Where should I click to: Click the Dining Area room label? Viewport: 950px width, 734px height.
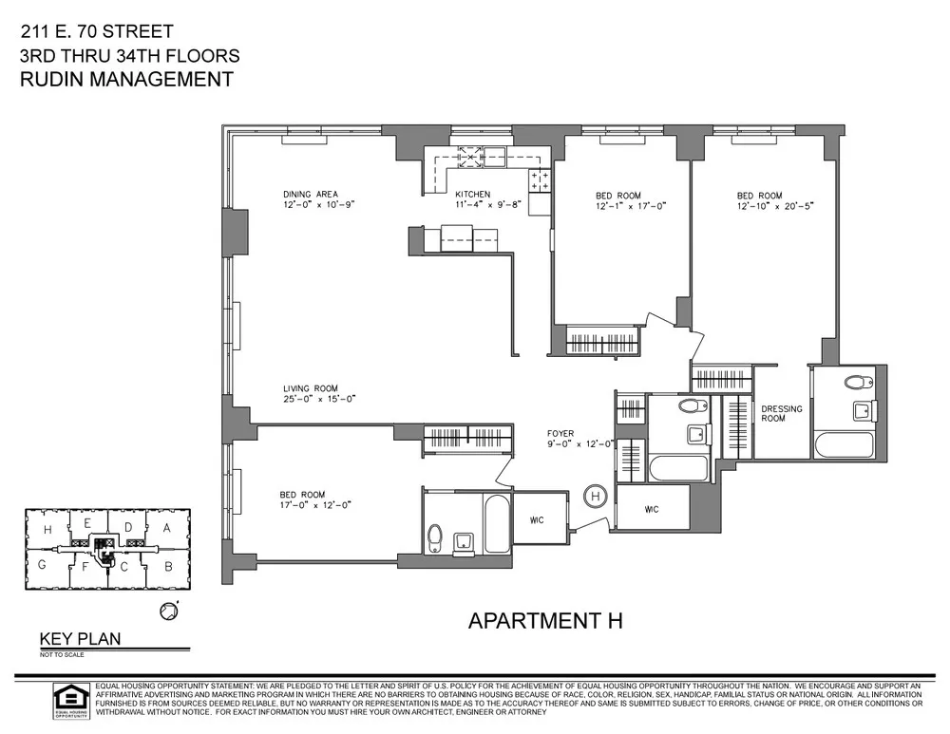[x=311, y=194]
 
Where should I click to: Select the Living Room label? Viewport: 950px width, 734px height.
[x=310, y=388]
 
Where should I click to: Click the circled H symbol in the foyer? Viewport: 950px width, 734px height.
[x=596, y=495]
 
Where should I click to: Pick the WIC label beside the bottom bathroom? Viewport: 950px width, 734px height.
[x=538, y=518]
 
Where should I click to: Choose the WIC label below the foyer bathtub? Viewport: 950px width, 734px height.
[x=651, y=509]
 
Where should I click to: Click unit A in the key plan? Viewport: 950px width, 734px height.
[x=166, y=527]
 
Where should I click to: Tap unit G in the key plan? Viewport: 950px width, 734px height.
[x=43, y=564]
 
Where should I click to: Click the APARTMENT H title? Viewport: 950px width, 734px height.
[x=545, y=621]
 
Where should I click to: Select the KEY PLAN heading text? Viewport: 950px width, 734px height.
[x=80, y=639]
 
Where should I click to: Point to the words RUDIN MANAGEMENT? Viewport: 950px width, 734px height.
[x=126, y=80]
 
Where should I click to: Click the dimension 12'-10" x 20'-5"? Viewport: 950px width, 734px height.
[x=775, y=204]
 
